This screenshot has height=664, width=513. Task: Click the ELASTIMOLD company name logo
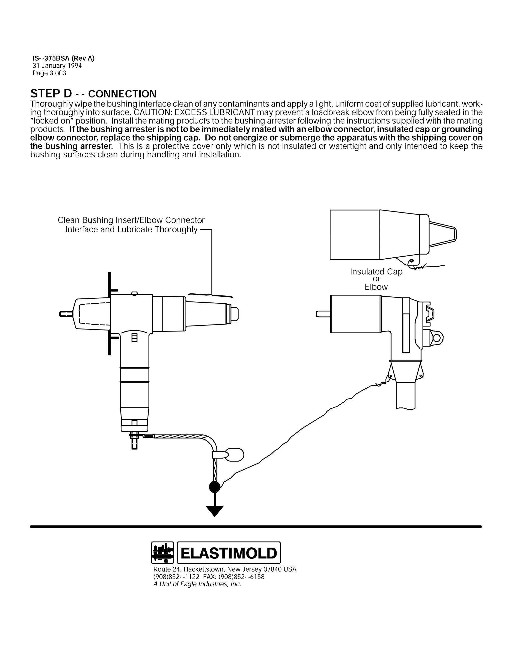[228, 553]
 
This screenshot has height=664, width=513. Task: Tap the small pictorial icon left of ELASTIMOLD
[162, 553]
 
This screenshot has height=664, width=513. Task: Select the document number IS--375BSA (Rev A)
[64, 58]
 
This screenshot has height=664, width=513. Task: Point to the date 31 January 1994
[57, 66]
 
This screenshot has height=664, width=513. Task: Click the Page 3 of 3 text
[49, 73]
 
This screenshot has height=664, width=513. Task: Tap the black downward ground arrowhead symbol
[215, 510]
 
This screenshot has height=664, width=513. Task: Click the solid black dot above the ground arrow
[215, 487]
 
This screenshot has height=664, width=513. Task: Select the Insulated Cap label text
[376, 272]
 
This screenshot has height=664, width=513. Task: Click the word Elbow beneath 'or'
[376, 287]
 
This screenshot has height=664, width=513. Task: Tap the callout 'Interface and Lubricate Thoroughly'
[131, 229]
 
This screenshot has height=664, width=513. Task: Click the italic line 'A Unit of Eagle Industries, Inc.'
[197, 584]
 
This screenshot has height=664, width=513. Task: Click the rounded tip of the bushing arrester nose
[235, 313]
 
